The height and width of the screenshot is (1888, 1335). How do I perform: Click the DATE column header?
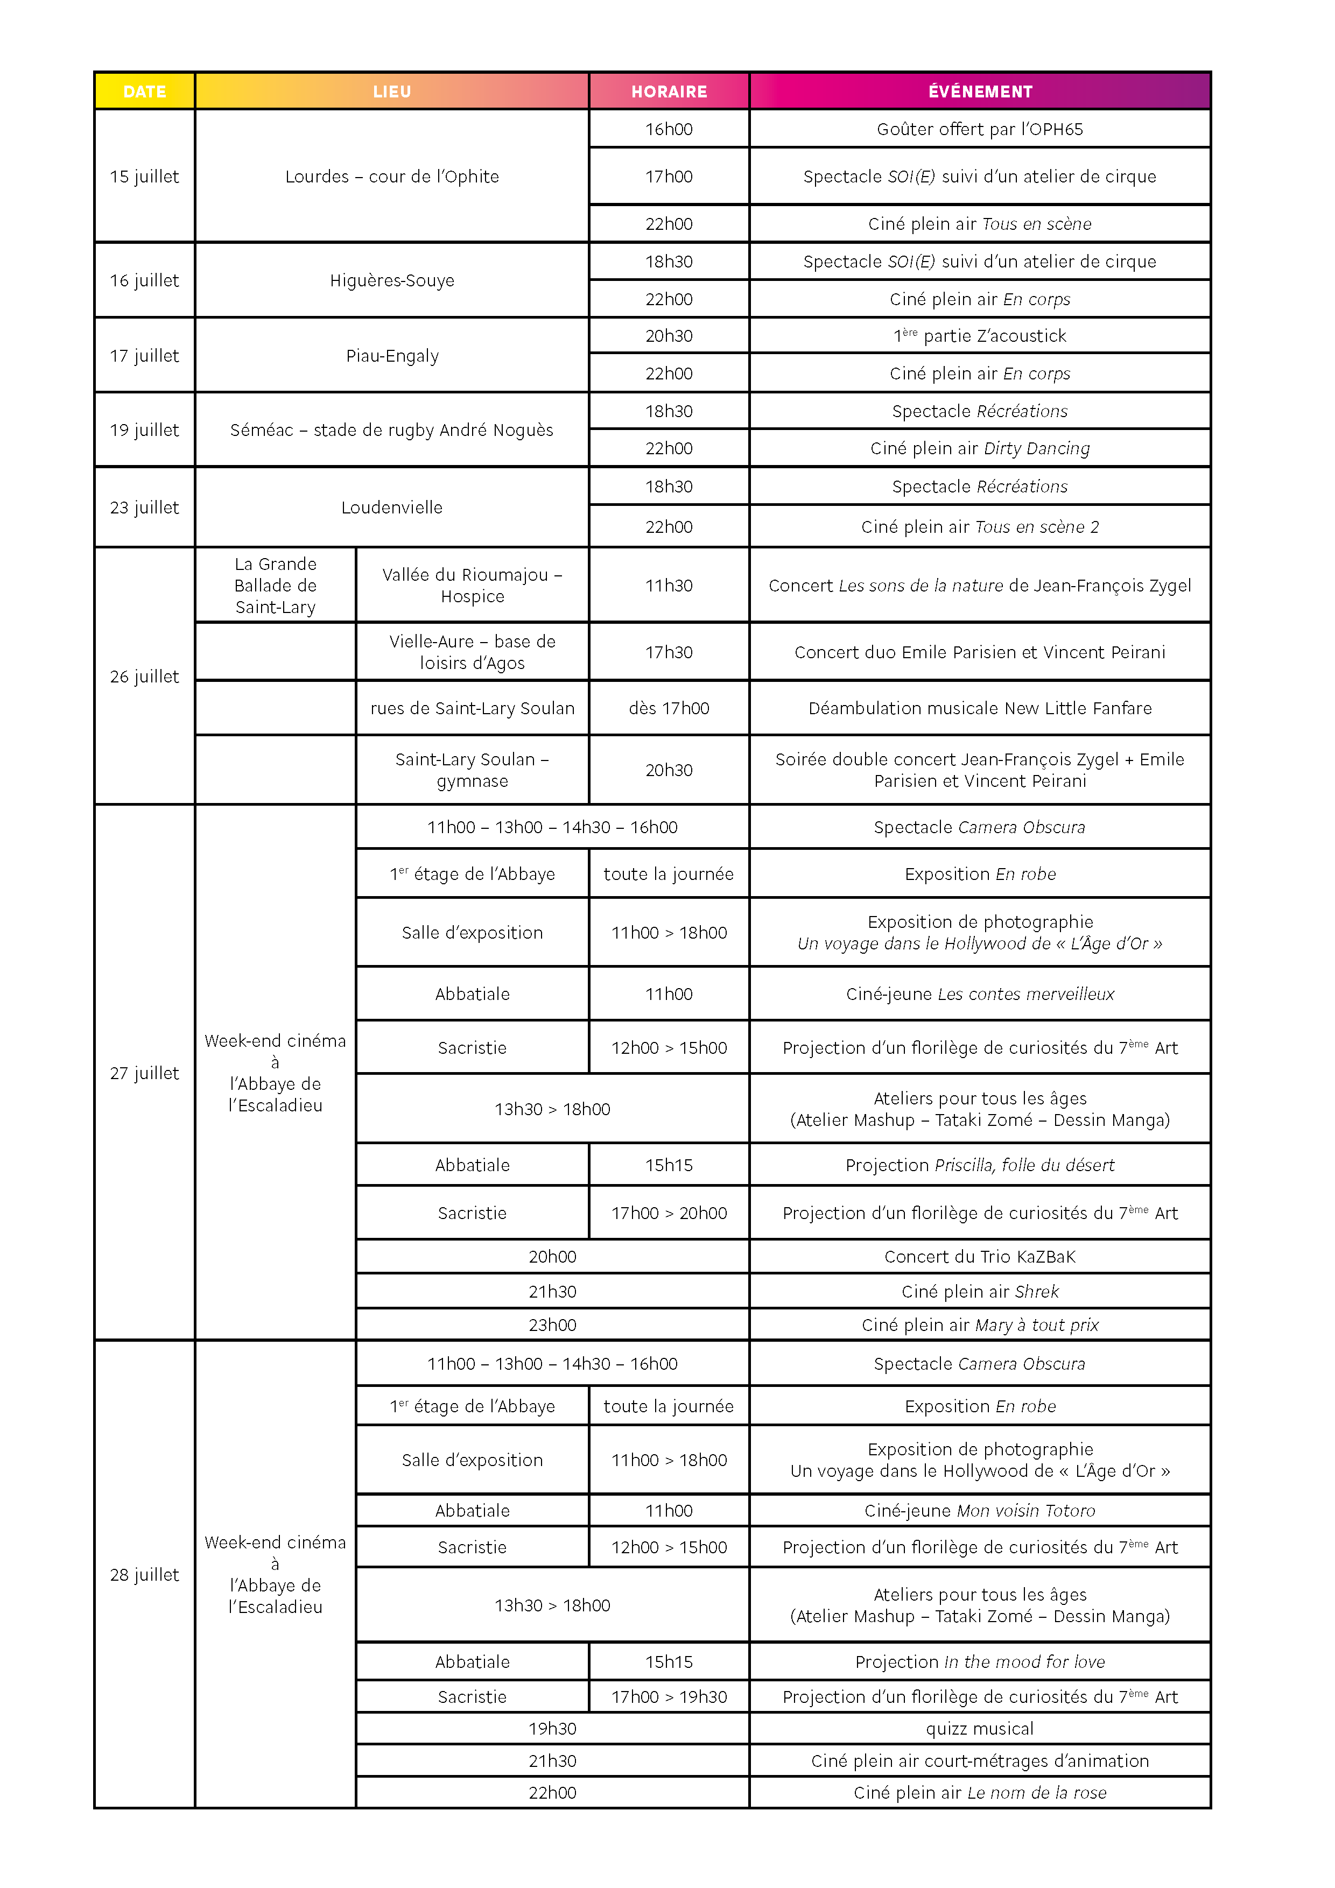pyautogui.click(x=145, y=91)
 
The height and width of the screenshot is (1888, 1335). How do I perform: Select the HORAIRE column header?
pyautogui.click(x=669, y=91)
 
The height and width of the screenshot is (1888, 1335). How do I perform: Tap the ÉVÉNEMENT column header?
pyautogui.click(x=980, y=91)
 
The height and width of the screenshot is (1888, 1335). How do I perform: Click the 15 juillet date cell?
pyautogui.click(x=145, y=176)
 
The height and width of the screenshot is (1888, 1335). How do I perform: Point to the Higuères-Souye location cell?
pyautogui.click(x=391, y=280)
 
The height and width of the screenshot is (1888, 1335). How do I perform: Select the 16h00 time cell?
pyautogui.click(x=669, y=129)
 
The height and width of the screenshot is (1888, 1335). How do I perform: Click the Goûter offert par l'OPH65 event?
pyautogui.click(x=980, y=129)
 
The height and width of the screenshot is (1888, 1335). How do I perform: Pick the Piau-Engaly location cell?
pyautogui.click(x=391, y=355)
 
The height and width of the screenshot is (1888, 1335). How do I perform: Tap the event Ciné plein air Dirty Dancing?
pyautogui.click(x=980, y=448)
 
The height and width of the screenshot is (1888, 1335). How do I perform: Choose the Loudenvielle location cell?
pyautogui.click(x=391, y=508)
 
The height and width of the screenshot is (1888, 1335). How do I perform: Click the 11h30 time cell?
pyautogui.click(x=669, y=586)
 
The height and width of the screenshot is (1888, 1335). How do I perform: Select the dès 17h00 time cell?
pyautogui.click(x=669, y=708)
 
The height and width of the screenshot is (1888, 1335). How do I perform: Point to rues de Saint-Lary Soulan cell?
pyautogui.click(x=472, y=708)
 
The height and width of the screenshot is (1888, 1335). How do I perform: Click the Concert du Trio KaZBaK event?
pyautogui.click(x=980, y=1257)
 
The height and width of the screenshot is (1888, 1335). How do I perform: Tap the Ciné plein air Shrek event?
pyautogui.click(x=980, y=1291)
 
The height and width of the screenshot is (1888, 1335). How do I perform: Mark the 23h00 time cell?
pyautogui.click(x=552, y=1325)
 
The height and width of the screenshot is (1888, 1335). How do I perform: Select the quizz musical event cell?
pyautogui.click(x=980, y=1729)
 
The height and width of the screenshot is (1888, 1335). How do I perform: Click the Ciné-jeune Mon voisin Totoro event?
pyautogui.click(x=980, y=1511)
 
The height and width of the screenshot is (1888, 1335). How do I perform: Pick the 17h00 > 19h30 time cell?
pyautogui.click(x=669, y=1696)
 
